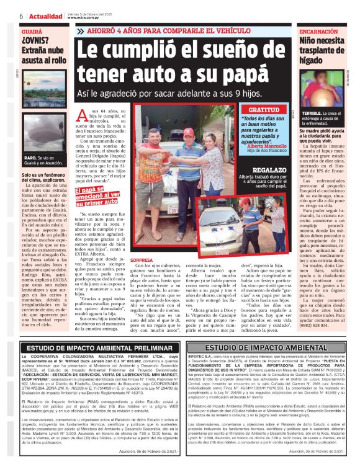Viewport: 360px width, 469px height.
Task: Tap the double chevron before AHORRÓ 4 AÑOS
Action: [x=80, y=31]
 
